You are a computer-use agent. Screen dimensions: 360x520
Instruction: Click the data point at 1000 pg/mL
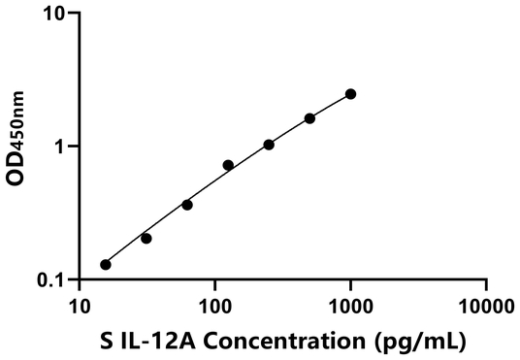click(350, 94)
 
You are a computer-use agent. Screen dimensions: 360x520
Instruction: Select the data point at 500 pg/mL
click(309, 118)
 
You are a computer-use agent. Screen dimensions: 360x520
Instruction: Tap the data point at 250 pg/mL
click(269, 145)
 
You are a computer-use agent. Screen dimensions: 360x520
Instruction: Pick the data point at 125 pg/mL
click(228, 165)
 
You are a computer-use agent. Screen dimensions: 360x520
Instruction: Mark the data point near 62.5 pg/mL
click(187, 205)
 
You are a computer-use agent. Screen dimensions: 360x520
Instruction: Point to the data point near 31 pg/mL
click(146, 238)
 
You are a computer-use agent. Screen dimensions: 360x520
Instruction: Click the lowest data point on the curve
click(106, 264)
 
